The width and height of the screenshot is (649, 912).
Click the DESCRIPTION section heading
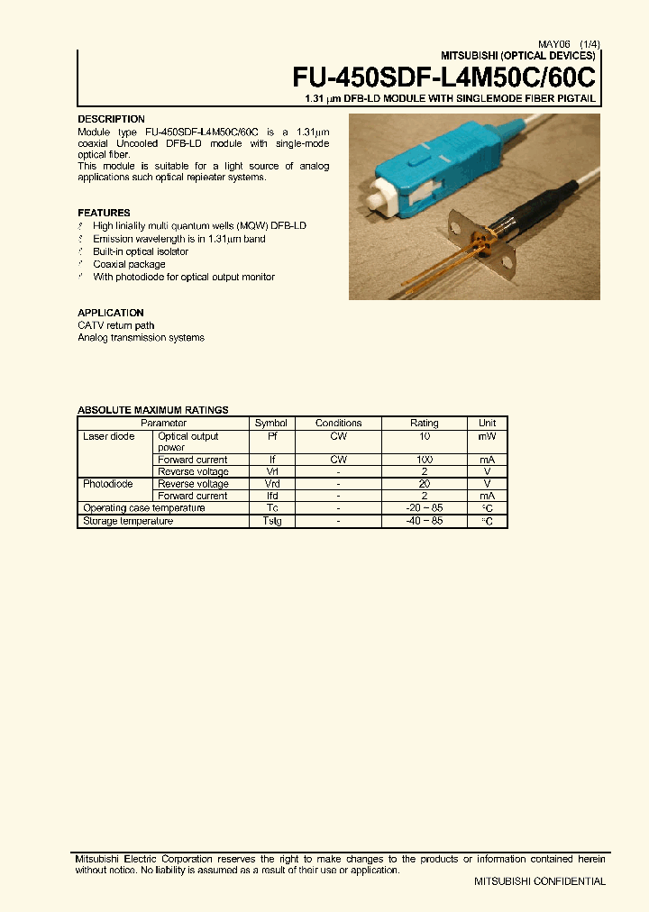click(x=111, y=119)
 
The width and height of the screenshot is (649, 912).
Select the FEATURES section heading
click(x=104, y=213)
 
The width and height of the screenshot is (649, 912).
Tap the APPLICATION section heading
click(x=111, y=313)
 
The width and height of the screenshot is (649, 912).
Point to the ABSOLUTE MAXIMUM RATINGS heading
click(x=152, y=410)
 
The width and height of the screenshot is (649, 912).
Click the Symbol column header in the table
click(x=270, y=423)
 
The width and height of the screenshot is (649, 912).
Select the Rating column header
click(x=424, y=423)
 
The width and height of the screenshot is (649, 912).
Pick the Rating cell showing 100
click(x=424, y=460)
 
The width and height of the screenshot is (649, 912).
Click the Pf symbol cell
click(x=270, y=436)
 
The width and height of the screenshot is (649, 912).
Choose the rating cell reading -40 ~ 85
click(x=424, y=521)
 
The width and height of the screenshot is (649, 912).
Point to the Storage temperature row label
click(x=127, y=521)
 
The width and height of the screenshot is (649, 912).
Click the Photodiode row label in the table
click(x=108, y=484)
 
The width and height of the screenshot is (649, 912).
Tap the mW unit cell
click(x=487, y=436)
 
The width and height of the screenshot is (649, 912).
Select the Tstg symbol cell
click(x=270, y=521)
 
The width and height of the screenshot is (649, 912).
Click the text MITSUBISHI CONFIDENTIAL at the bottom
click(x=540, y=881)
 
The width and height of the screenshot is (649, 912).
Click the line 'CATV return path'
click(x=115, y=325)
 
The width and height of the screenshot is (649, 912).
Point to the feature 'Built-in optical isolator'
click(x=142, y=251)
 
